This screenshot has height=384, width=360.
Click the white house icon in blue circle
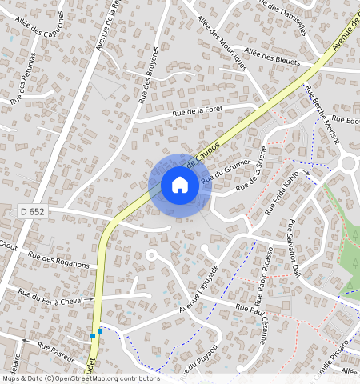coord(180,186)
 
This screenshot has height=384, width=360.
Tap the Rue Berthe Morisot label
coord(322,111)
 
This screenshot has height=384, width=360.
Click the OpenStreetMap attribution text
coord(81,378)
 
